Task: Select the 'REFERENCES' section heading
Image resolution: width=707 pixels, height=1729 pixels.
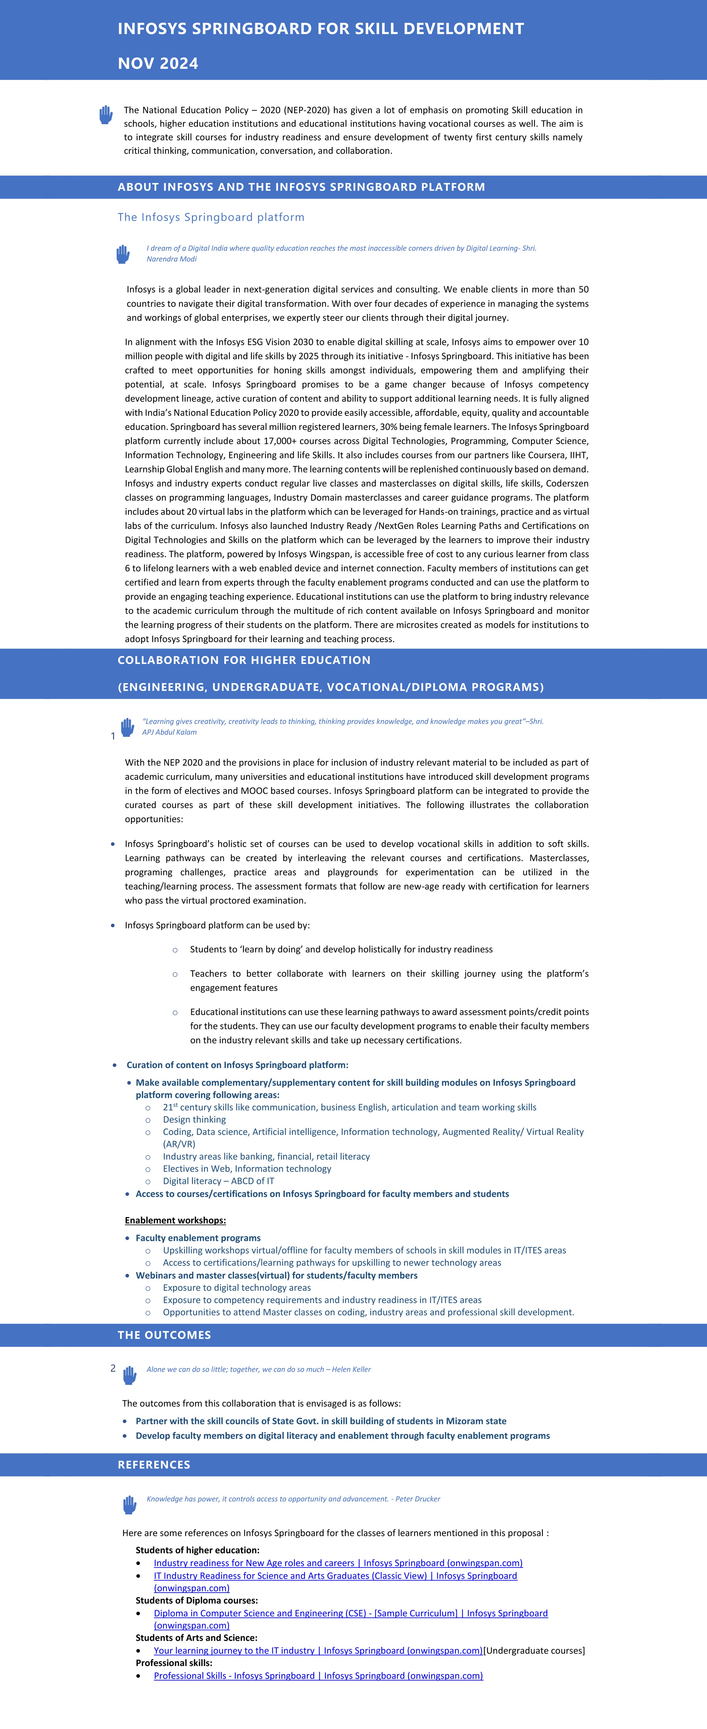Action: pyautogui.click(x=154, y=1465)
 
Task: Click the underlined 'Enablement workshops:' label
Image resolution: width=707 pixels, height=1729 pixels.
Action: pyautogui.click(x=175, y=1220)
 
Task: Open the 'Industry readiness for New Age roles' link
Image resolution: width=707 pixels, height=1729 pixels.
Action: pyautogui.click(x=338, y=1562)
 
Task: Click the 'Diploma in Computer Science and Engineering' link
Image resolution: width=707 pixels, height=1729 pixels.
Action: pyautogui.click(x=350, y=1613)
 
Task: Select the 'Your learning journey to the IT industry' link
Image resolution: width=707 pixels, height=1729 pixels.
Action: pyautogui.click(x=317, y=1651)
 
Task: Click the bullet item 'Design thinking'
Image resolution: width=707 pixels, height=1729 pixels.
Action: pyautogui.click(x=194, y=1119)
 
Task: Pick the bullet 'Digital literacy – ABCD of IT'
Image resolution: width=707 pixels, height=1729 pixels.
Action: pyautogui.click(x=218, y=1181)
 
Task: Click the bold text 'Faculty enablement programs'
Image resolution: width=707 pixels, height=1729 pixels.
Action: pyautogui.click(x=198, y=1238)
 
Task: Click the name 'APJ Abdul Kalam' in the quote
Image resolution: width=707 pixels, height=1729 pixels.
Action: pyautogui.click(x=169, y=732)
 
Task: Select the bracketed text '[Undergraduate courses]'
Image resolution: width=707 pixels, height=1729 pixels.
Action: pyautogui.click(x=535, y=1651)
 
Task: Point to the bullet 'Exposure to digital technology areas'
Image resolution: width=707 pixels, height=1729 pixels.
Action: pyautogui.click(x=236, y=1287)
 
